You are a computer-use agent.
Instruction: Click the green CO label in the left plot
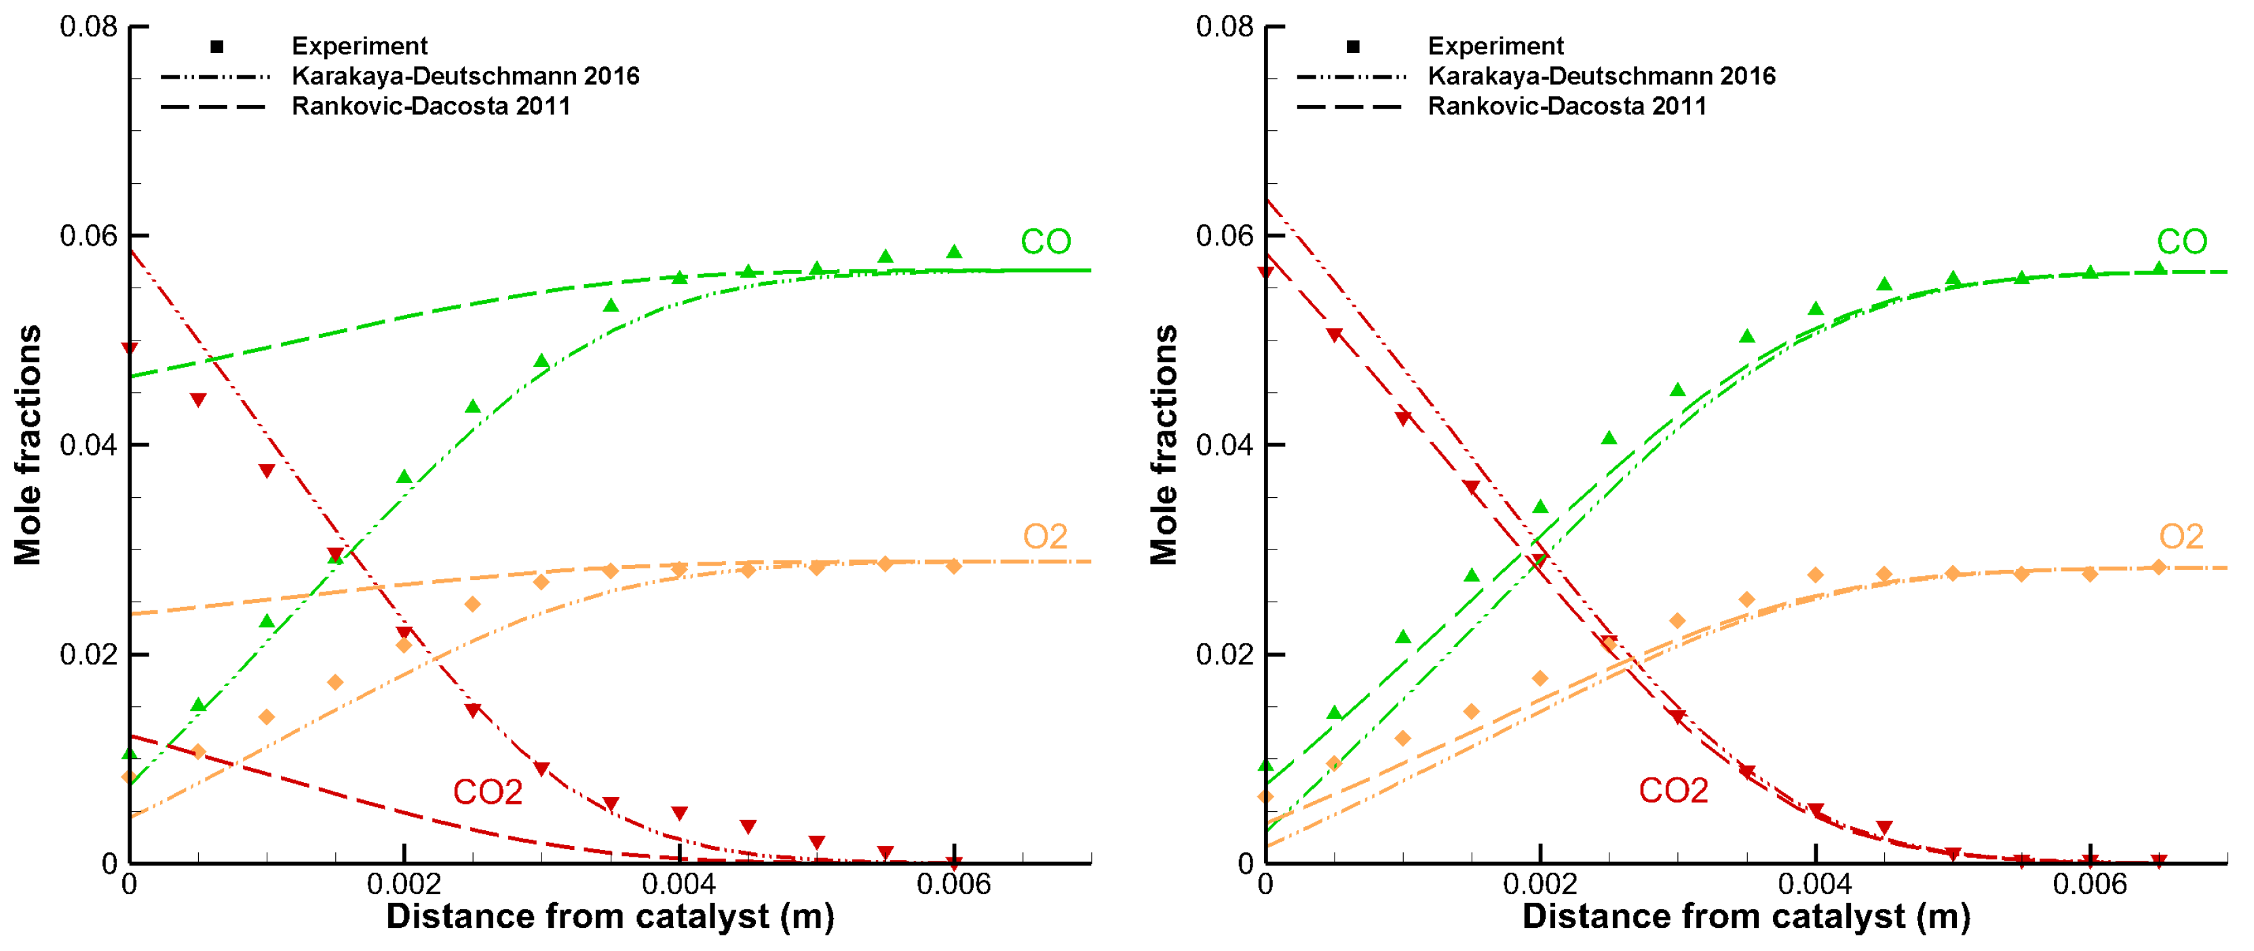1045,241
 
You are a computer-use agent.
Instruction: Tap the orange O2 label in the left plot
1045,537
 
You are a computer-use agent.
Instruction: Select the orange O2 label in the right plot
2181,537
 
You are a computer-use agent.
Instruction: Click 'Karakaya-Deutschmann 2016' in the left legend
465,76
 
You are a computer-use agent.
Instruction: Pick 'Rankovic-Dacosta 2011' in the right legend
1566,106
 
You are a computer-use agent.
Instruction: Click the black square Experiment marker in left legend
217,46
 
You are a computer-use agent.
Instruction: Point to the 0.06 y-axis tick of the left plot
88,235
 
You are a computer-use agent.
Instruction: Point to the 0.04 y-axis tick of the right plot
1224,444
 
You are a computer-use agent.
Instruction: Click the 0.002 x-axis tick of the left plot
404,885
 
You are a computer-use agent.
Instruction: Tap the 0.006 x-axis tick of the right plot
2090,885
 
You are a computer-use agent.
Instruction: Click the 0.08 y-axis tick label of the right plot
1224,26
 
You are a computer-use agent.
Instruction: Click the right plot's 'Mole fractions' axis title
1164,444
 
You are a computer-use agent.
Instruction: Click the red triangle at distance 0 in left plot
130,348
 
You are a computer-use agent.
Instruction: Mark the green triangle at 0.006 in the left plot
954,252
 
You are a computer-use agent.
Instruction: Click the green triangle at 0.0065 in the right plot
2158,269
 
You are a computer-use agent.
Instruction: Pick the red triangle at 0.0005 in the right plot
1333,335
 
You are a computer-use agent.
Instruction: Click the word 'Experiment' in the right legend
1495,45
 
